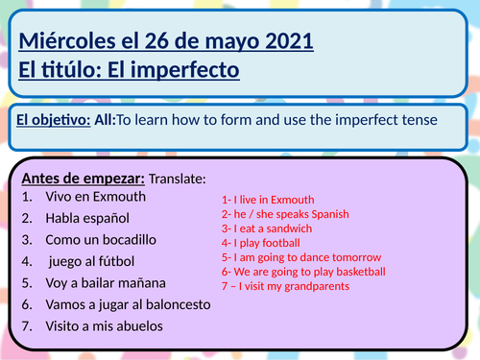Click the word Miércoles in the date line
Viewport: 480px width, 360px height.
(x=65, y=43)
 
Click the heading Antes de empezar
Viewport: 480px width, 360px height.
(x=82, y=179)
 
